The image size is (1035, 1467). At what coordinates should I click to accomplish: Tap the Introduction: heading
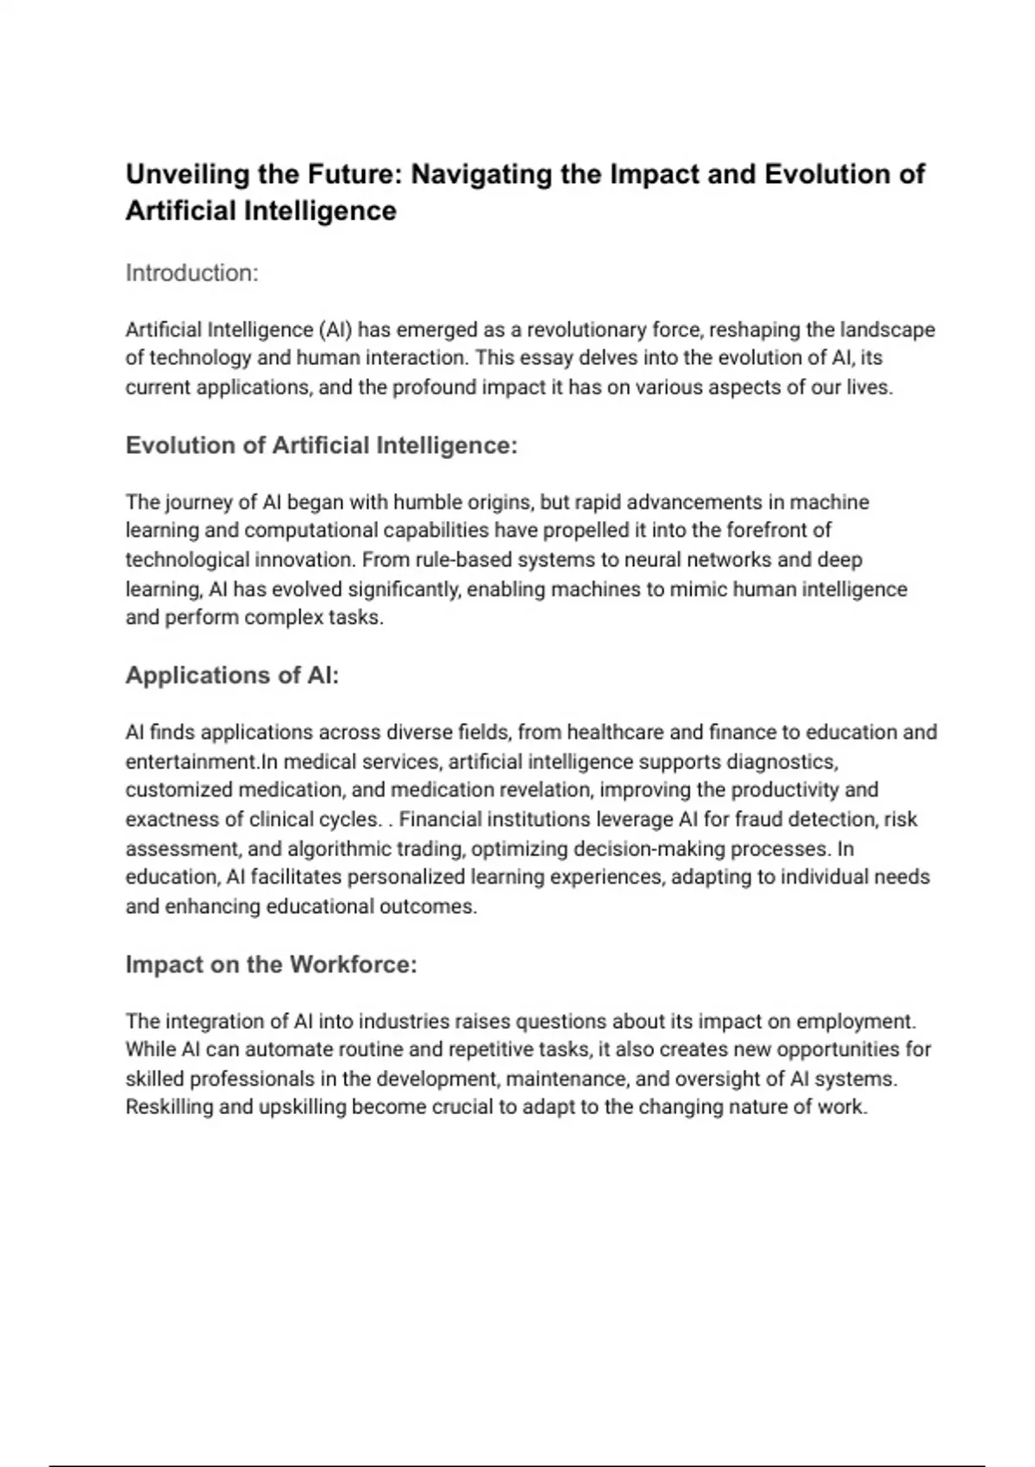[x=191, y=273]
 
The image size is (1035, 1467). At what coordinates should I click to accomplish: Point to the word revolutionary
[x=587, y=330]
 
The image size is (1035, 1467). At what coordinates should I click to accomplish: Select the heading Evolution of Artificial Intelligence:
[x=321, y=445]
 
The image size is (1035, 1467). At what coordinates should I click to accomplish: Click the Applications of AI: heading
[x=232, y=675]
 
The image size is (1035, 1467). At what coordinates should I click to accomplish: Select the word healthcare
[x=615, y=733]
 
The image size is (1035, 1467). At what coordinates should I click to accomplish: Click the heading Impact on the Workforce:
[x=271, y=964]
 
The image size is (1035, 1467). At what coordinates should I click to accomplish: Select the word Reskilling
[x=169, y=1107]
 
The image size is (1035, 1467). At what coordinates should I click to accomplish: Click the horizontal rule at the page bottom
[x=517, y=1465]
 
